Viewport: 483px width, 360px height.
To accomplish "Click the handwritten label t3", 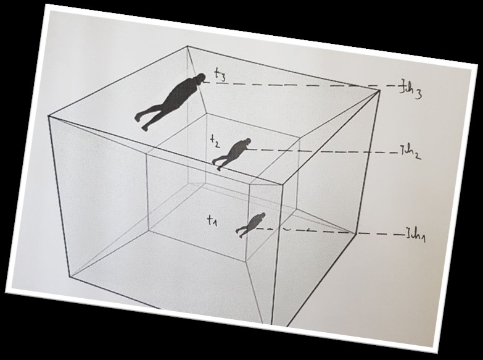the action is pos(220,75).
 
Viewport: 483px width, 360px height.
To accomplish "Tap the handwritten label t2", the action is pos(215,141).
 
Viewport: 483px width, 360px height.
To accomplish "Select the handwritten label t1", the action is pos(212,220).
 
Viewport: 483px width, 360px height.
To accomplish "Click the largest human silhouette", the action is pos(170,101).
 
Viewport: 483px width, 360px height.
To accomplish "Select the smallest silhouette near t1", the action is pos(250,225).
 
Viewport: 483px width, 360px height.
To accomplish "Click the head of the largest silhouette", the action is pos(200,78).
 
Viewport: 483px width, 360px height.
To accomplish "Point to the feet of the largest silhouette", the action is pos(141,122).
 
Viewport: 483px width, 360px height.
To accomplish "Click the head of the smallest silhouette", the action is pos(262,215).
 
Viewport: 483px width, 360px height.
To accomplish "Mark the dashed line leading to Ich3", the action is pos(301,85).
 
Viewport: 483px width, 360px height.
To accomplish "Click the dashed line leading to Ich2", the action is pos(323,151).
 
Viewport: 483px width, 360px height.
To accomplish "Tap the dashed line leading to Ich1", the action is pos(329,232).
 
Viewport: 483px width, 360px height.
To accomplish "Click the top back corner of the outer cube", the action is pos(188,46).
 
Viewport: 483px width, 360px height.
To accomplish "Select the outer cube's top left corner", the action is pos(48,115).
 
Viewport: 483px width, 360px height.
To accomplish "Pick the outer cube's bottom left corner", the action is pos(70,276).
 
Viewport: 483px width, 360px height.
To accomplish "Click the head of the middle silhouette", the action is pos(247,142).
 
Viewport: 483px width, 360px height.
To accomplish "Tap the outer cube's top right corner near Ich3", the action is pos(379,90).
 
